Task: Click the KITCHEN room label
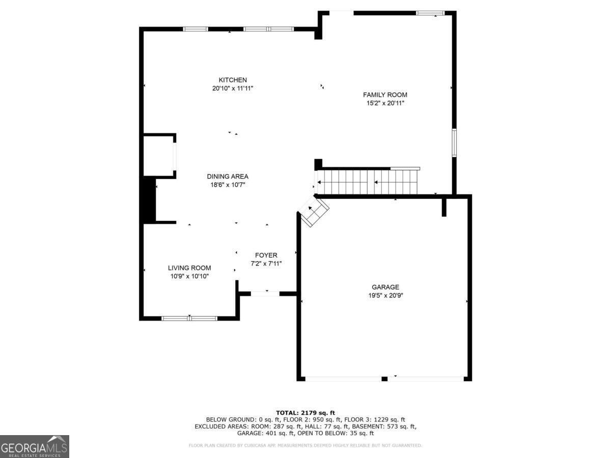[233, 80]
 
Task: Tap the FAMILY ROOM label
[385, 95]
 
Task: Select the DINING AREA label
[228, 177]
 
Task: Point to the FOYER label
[266, 255]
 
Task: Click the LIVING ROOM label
[189, 268]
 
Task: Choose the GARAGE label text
[385, 287]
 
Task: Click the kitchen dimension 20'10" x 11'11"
[233, 88]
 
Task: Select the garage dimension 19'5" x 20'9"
[385, 295]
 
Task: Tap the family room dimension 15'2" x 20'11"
[385, 103]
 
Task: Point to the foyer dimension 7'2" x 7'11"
[266, 264]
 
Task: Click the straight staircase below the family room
[367, 182]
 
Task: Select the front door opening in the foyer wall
[265, 293]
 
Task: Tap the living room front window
[189, 319]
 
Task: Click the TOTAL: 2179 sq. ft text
[305, 413]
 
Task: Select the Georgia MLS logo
[34, 446]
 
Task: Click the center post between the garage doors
[384, 379]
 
